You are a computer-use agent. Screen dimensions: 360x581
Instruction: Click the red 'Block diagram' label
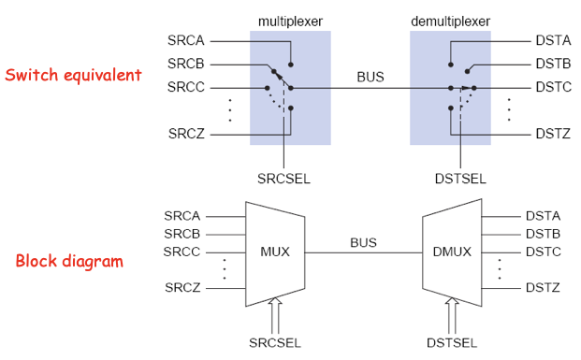pyautogui.click(x=69, y=261)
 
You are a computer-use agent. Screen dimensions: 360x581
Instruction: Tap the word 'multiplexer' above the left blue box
pyautogui.click(x=290, y=21)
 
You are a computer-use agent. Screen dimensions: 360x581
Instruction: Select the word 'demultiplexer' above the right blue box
pyautogui.click(x=450, y=21)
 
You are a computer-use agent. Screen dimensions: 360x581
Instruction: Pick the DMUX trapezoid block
pyautogui.click(x=453, y=251)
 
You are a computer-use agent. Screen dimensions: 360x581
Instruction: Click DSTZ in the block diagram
pyautogui.click(x=543, y=287)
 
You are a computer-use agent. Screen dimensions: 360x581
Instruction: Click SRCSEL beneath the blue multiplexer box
pyautogui.click(x=282, y=177)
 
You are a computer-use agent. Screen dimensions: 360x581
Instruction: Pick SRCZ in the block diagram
pyautogui.click(x=182, y=287)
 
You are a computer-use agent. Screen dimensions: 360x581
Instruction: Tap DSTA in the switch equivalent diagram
pyautogui.click(x=544, y=41)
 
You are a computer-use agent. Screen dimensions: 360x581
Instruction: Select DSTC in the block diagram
pyautogui.click(x=543, y=251)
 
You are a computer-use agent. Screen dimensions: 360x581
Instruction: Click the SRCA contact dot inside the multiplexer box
pyautogui.click(x=292, y=65)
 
